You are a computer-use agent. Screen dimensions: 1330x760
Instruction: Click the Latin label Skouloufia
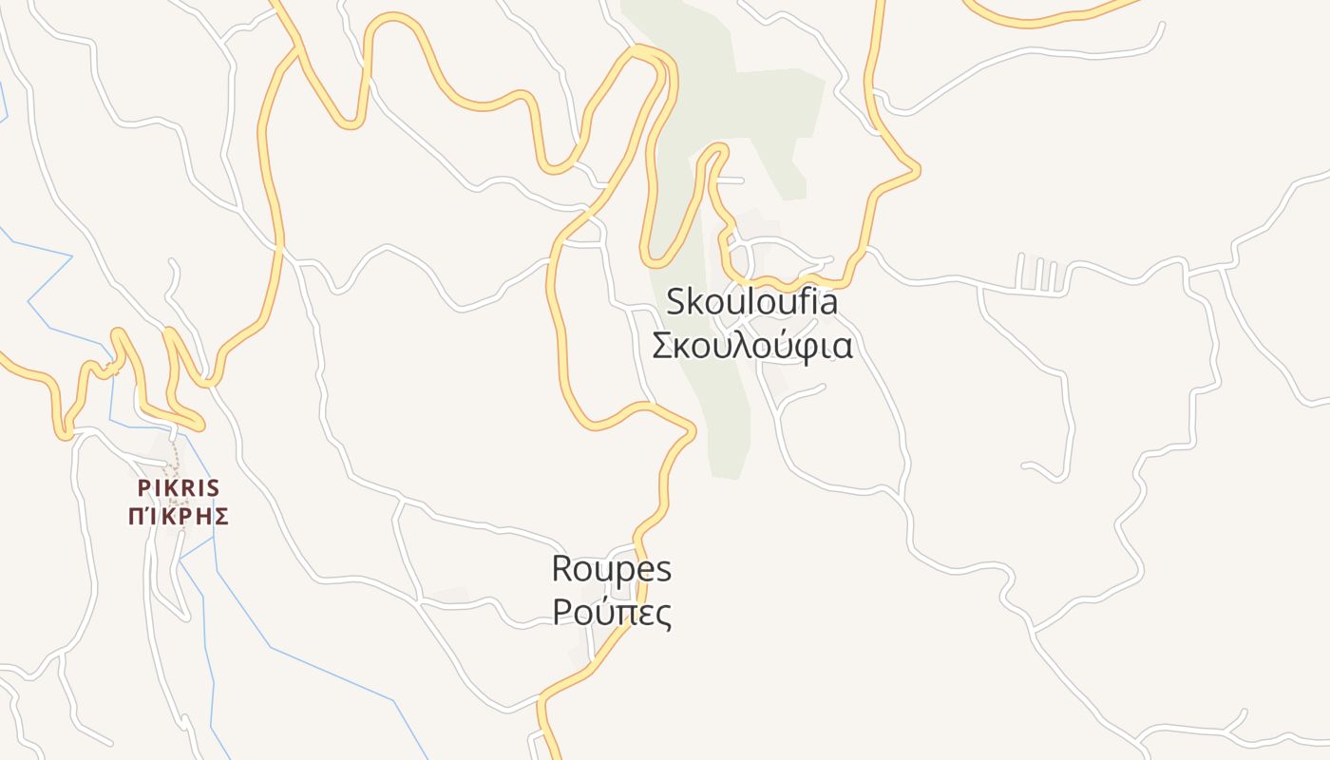point(752,302)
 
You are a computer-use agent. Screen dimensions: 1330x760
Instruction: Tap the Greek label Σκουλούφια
point(752,346)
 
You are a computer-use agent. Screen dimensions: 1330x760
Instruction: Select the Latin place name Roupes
point(612,569)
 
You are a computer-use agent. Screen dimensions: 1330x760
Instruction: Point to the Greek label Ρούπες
point(612,613)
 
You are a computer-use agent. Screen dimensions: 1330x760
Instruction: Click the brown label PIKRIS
point(179,488)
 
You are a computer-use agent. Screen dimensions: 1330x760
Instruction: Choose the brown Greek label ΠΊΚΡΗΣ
point(179,517)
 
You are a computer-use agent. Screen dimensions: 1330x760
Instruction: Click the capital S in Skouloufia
point(675,302)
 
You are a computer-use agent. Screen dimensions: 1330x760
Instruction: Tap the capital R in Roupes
point(561,569)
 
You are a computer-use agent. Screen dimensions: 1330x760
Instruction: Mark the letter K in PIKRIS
point(169,488)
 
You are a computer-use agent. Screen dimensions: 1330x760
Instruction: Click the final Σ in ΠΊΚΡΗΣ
point(221,517)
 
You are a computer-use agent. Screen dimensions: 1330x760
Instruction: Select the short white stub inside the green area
point(730,180)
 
